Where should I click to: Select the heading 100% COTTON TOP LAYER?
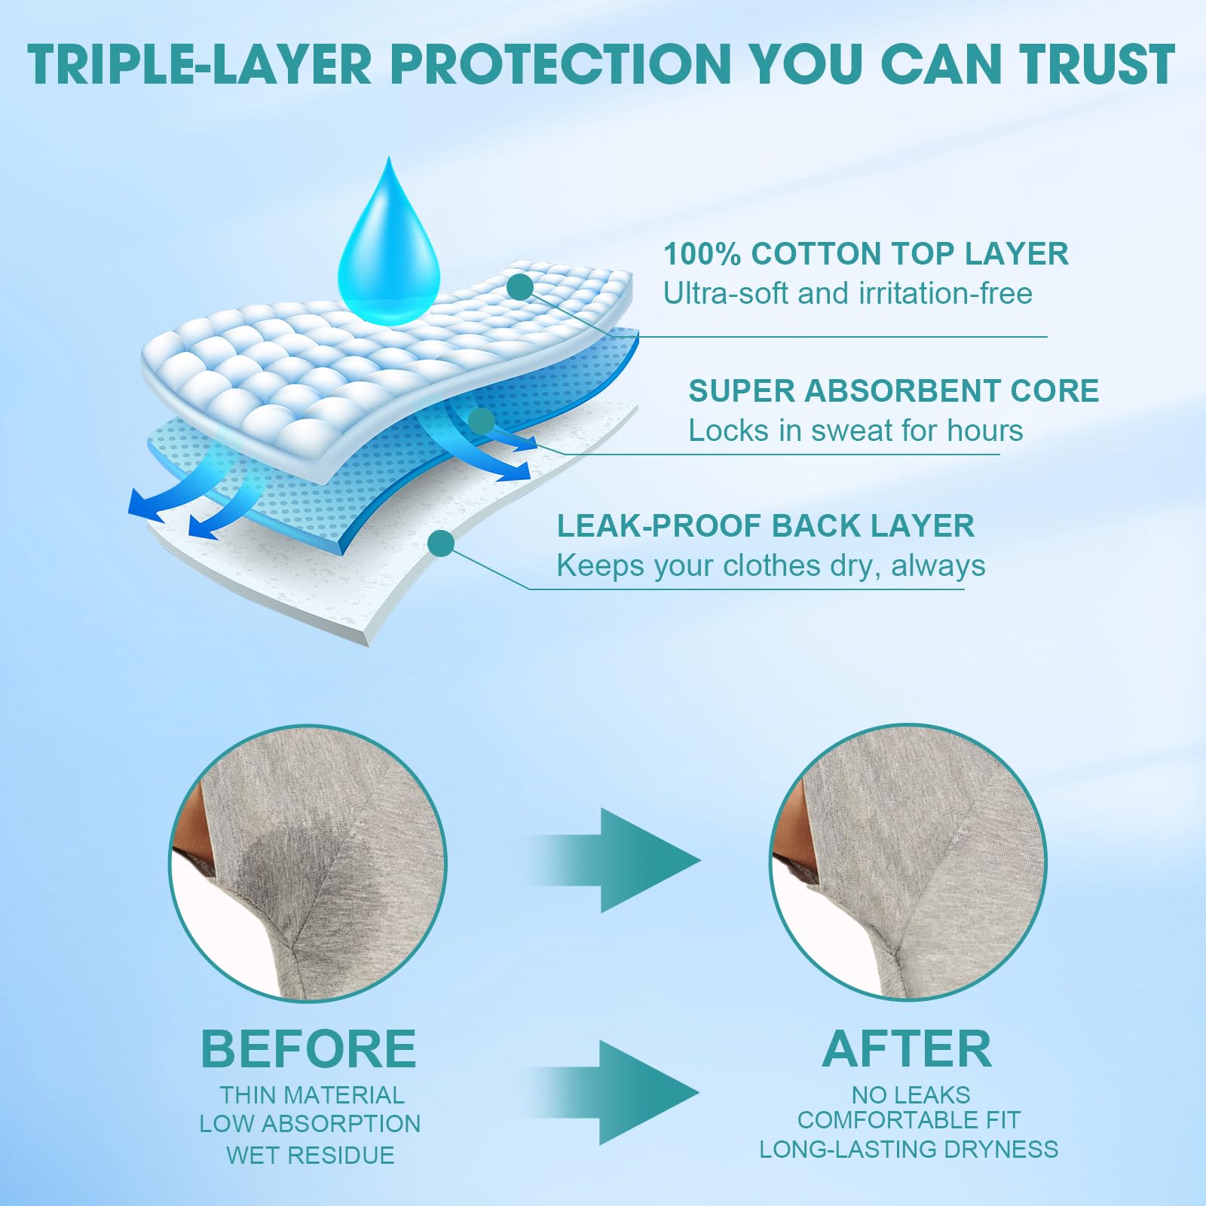click(x=865, y=254)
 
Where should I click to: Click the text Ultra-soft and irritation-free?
click(x=847, y=293)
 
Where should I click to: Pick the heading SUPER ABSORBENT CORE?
click(x=893, y=390)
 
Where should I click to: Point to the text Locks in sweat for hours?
click(x=856, y=430)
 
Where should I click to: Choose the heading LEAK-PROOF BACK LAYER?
click(x=765, y=525)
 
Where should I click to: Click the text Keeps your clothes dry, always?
click(x=770, y=565)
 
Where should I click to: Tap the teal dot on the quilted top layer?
click(x=520, y=286)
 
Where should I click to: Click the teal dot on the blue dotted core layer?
click(x=481, y=420)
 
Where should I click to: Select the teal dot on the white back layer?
click(x=441, y=543)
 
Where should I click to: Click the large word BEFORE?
click(x=308, y=1048)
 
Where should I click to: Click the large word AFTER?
click(x=907, y=1048)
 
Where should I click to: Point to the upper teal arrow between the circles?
click(x=626, y=860)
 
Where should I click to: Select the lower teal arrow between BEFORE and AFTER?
click(x=626, y=1091)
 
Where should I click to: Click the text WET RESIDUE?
click(x=310, y=1155)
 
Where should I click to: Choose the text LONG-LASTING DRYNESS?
click(x=908, y=1149)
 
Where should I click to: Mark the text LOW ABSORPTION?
click(x=310, y=1123)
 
